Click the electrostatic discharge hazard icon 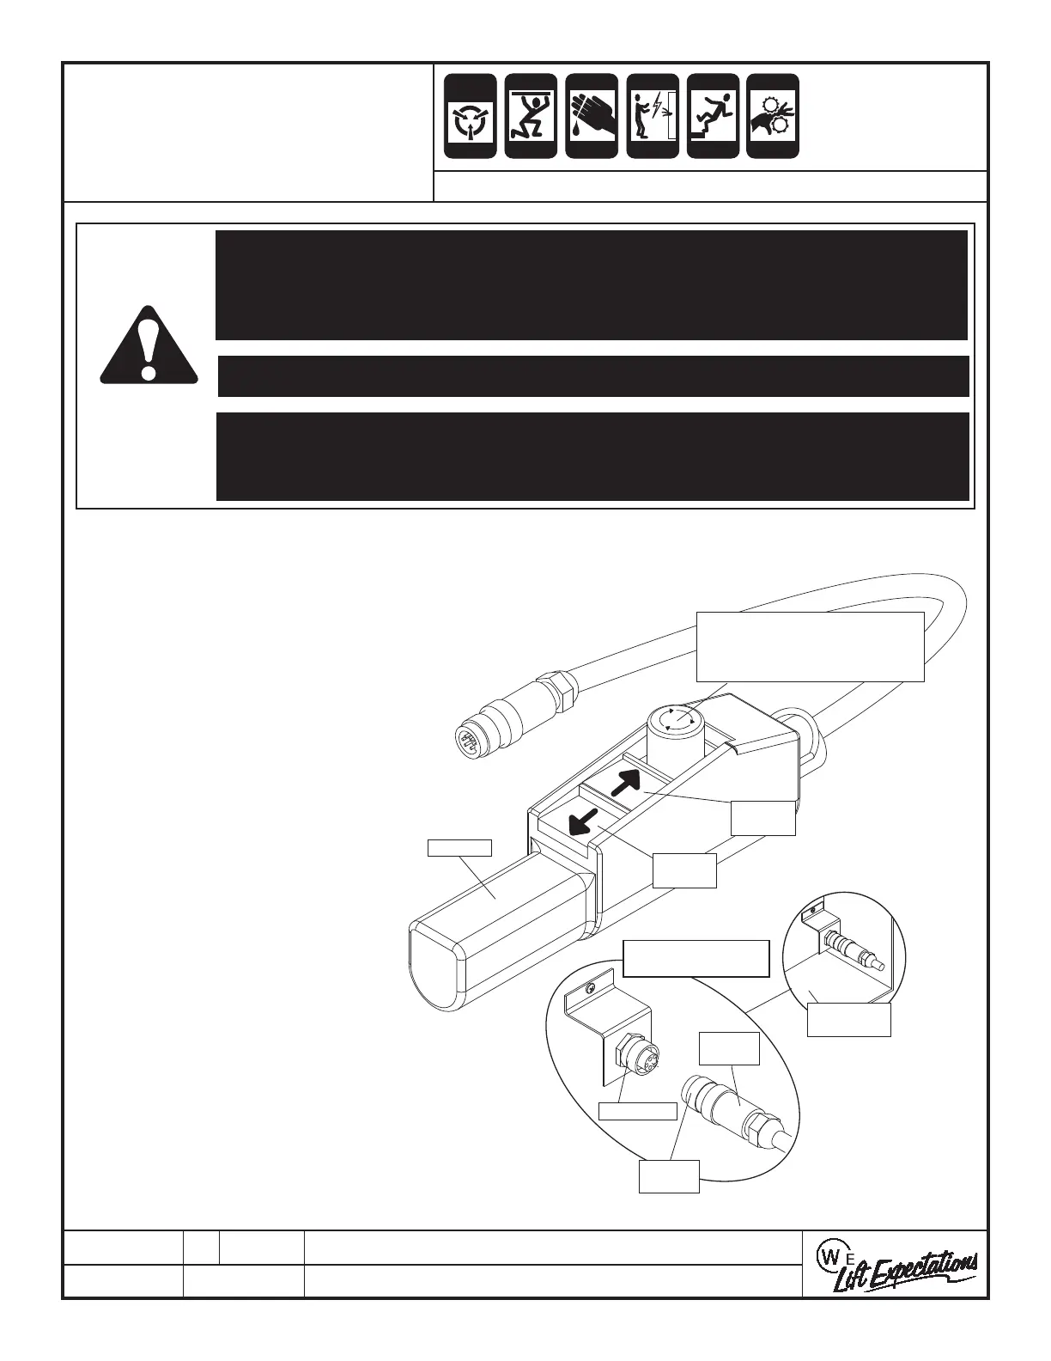(471, 116)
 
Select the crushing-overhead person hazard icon (531, 116)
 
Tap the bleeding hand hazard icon (592, 116)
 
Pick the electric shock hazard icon (653, 116)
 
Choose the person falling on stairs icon (714, 116)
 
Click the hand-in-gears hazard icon (773, 116)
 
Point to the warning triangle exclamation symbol (149, 345)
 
